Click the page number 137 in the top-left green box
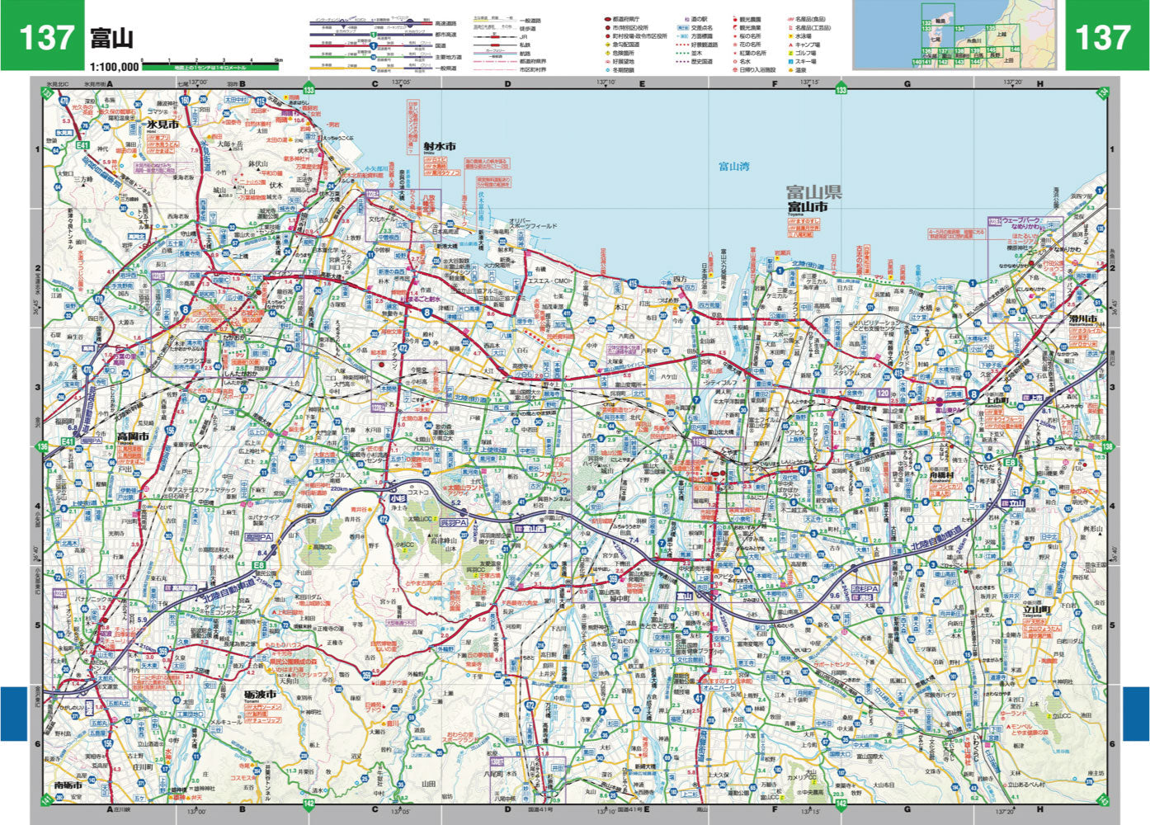(45, 37)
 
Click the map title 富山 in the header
(111, 39)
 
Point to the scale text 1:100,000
(115, 65)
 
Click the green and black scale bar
(210, 65)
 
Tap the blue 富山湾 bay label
(733, 167)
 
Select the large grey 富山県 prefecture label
(813, 192)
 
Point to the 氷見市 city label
(163, 124)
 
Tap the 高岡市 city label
(132, 436)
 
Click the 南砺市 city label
(68, 785)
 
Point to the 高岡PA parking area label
(258, 536)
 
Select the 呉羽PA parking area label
(453, 523)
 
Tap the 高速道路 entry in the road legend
(445, 24)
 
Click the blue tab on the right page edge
(1136, 714)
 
